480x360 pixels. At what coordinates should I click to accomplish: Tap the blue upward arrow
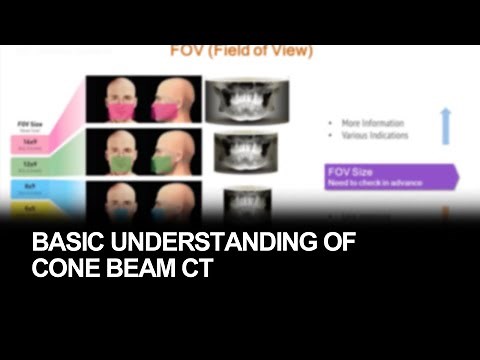(446, 127)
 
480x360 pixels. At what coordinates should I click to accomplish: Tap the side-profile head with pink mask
(168, 100)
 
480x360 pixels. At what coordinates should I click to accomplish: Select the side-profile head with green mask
(168, 152)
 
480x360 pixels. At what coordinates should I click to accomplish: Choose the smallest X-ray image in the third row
(240, 200)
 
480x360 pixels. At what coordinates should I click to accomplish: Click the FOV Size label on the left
(29, 126)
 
